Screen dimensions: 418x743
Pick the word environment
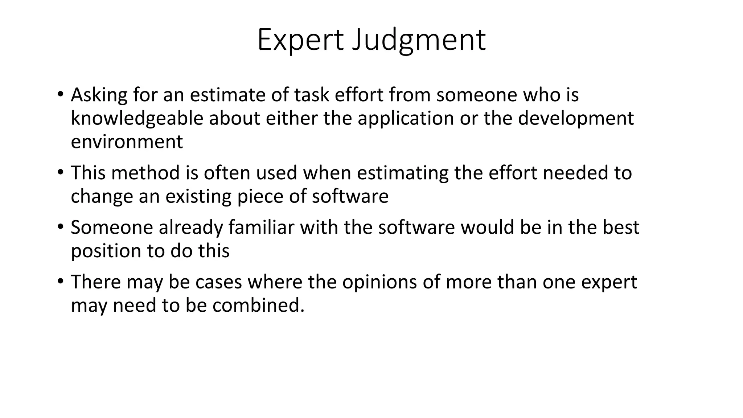point(127,142)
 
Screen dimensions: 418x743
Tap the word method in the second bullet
point(145,173)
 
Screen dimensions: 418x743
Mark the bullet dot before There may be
point(60,281)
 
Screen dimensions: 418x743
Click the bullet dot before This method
point(60,172)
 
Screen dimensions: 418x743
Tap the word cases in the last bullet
point(218,282)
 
